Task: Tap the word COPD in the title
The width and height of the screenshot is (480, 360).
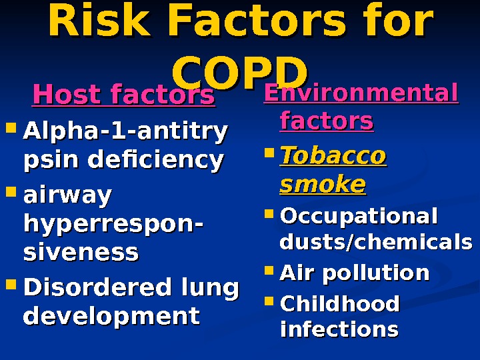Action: pos(240,70)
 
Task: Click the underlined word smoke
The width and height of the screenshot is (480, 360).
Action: pos(323,183)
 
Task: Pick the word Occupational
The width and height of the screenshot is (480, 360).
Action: pos(359,217)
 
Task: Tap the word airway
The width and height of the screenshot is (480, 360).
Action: pos(67,197)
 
